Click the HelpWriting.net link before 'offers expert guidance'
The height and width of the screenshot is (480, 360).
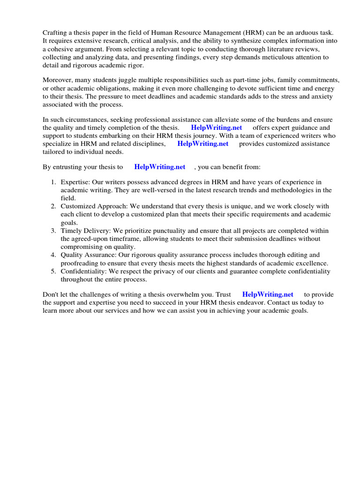pos(217,128)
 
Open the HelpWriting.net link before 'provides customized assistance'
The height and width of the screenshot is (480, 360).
pos(202,144)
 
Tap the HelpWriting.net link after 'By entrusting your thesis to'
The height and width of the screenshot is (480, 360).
pos(160,167)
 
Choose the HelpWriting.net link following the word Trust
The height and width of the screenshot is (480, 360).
pos(268,294)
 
